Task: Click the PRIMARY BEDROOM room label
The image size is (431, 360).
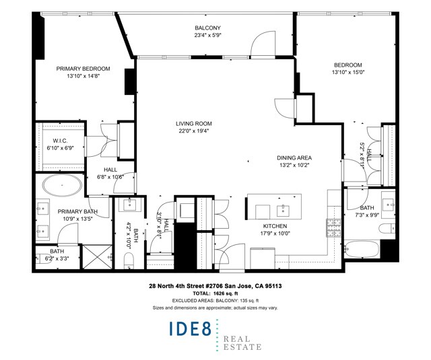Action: pyautogui.click(x=83, y=69)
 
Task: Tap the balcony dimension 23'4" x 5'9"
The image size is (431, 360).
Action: pyautogui.click(x=208, y=35)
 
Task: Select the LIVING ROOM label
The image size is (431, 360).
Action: pyautogui.click(x=194, y=124)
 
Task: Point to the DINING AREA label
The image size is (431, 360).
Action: pyautogui.click(x=294, y=158)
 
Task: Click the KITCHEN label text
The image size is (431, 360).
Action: pyautogui.click(x=275, y=226)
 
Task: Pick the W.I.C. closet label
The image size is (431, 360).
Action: pyautogui.click(x=60, y=141)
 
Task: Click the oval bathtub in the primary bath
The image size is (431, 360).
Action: pyautogui.click(x=63, y=185)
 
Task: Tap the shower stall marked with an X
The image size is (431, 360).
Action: pyautogui.click(x=98, y=257)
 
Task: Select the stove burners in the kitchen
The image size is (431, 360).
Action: pyautogui.click(x=334, y=227)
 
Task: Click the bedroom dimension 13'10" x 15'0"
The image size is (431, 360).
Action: pyautogui.click(x=348, y=72)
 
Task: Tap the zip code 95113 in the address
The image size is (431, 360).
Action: pyautogui.click(x=273, y=286)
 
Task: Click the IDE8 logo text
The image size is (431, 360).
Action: pyautogui.click(x=190, y=328)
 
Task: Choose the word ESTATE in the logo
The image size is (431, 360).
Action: pyautogui.click(x=242, y=347)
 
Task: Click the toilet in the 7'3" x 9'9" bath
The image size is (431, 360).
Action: pyautogui.click(x=387, y=229)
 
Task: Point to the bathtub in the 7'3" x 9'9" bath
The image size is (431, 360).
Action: pyautogui.click(x=362, y=249)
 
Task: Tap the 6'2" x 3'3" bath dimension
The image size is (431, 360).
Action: pyautogui.click(x=57, y=258)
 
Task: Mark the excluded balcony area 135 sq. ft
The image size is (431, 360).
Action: pyautogui.click(x=248, y=301)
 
